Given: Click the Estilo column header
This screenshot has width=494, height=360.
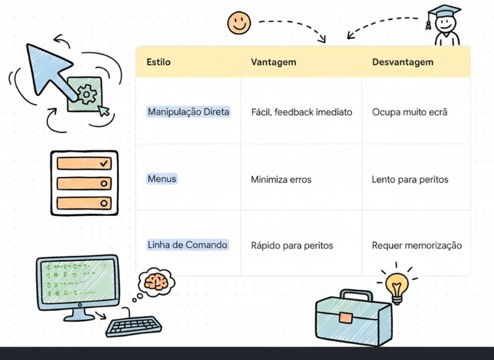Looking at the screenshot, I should coord(159,62).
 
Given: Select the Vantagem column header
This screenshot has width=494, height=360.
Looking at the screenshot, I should coord(273,62).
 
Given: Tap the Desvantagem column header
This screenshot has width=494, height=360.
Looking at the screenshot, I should coord(403,62).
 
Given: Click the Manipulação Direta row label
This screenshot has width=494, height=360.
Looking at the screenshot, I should coord(188,112).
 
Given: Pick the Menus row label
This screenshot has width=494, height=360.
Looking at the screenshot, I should coord(162,179).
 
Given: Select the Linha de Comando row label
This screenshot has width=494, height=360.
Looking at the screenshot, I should coord(187,245).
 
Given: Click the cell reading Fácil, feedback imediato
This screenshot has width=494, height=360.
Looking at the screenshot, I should coord(301,112).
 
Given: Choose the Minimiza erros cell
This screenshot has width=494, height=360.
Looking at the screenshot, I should coord(281,179).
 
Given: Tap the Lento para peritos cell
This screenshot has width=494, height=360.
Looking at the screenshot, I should coord(410,179).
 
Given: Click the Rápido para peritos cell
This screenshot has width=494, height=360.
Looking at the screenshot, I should coord(292,245).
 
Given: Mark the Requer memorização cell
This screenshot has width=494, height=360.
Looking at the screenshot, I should coord(417,245).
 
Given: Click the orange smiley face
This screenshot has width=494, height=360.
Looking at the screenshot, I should coord(239,23).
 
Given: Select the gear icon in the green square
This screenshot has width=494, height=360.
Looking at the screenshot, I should coord(88,94).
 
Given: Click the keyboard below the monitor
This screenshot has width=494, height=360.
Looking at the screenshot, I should coord(134,325).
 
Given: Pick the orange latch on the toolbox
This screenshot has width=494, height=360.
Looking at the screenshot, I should coord(345,317).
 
